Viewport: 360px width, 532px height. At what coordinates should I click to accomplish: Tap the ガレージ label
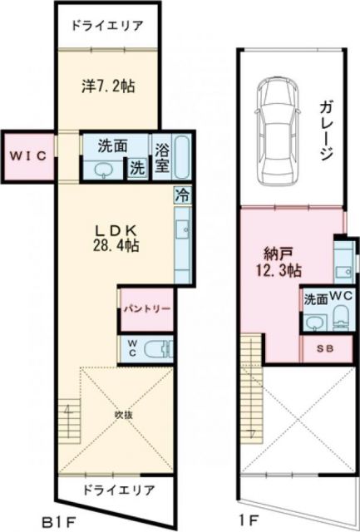click(x=325, y=131)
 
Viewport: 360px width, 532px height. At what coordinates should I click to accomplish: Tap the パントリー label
click(x=147, y=308)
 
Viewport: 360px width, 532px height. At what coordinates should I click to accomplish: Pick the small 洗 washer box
click(x=135, y=165)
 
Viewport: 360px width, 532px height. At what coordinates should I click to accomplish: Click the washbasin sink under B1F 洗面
click(x=104, y=170)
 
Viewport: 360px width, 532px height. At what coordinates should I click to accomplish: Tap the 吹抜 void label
click(x=123, y=412)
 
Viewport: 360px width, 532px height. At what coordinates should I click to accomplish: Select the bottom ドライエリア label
click(x=117, y=490)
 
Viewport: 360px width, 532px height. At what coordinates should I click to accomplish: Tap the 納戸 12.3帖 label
click(x=277, y=261)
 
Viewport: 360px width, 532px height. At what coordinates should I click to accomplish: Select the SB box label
click(x=323, y=350)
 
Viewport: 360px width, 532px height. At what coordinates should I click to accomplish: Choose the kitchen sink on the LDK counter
click(x=183, y=226)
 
